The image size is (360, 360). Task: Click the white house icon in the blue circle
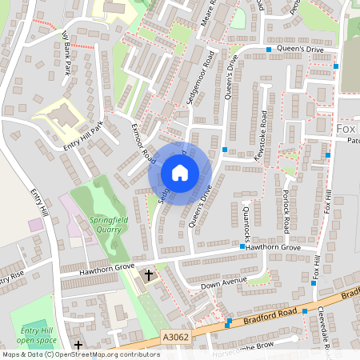pos(180,172)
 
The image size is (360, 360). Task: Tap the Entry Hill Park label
pos(84,138)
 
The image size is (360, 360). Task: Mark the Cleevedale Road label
pos(329,328)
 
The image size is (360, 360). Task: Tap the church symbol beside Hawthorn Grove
pos(148,276)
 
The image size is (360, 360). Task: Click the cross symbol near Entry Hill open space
pos(78,345)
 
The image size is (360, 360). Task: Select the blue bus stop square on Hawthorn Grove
pos(242,247)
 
